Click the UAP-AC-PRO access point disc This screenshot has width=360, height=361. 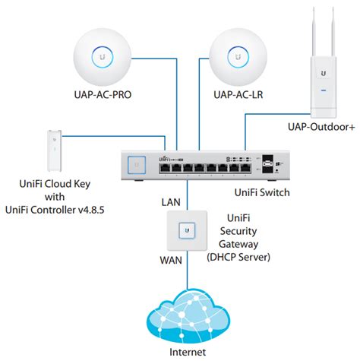pos(103,58)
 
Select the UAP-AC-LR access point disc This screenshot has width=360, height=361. pos(238,58)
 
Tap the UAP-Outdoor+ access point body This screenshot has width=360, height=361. pos(324,87)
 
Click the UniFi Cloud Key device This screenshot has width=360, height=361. pos(54,150)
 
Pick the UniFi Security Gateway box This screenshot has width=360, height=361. pos(187,230)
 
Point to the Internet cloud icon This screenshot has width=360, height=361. pos(188,317)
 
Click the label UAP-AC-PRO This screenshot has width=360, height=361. pos(103,95)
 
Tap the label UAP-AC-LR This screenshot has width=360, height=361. pos(238,95)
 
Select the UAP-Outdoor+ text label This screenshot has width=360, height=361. pos(321,127)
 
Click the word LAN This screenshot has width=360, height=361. pos(171,202)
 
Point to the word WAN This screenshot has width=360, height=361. pos(171,260)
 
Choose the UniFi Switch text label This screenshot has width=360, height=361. pos(262,192)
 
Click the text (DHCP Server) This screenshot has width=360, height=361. pos(238,257)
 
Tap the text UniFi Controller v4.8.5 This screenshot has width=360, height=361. pos(55,210)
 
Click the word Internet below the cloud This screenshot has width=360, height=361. pos(188,352)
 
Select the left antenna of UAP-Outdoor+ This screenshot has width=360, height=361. pos(314,32)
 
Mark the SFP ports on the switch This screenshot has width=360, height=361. pos(267,164)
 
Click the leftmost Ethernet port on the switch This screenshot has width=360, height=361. pos(165,168)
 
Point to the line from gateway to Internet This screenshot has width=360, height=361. pos(188,270)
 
